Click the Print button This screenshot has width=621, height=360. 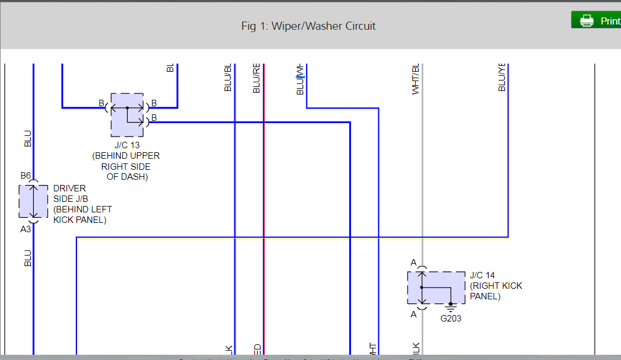[x=597, y=20]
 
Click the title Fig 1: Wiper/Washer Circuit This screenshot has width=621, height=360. [x=308, y=26]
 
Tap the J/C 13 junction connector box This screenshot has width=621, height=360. [x=127, y=114]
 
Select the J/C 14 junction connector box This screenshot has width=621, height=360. [x=436, y=288]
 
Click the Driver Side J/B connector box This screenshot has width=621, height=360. [x=33, y=201]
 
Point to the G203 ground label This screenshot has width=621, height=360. [x=451, y=319]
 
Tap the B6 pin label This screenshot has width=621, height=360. [x=26, y=175]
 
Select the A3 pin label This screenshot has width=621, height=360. [x=26, y=229]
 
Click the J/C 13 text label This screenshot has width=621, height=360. [x=127, y=145]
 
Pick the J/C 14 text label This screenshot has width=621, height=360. [x=482, y=275]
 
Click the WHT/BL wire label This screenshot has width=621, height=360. [x=416, y=79]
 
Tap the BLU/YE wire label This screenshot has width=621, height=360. [x=502, y=77]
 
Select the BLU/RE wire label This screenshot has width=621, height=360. [x=257, y=78]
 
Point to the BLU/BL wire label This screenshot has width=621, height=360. [x=228, y=77]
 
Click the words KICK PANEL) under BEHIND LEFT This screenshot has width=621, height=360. [x=80, y=220]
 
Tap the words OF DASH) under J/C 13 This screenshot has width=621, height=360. [x=127, y=177]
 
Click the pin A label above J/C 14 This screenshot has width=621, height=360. [x=413, y=263]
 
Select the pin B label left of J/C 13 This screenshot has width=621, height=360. [x=101, y=103]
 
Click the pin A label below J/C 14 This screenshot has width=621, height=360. [x=413, y=314]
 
